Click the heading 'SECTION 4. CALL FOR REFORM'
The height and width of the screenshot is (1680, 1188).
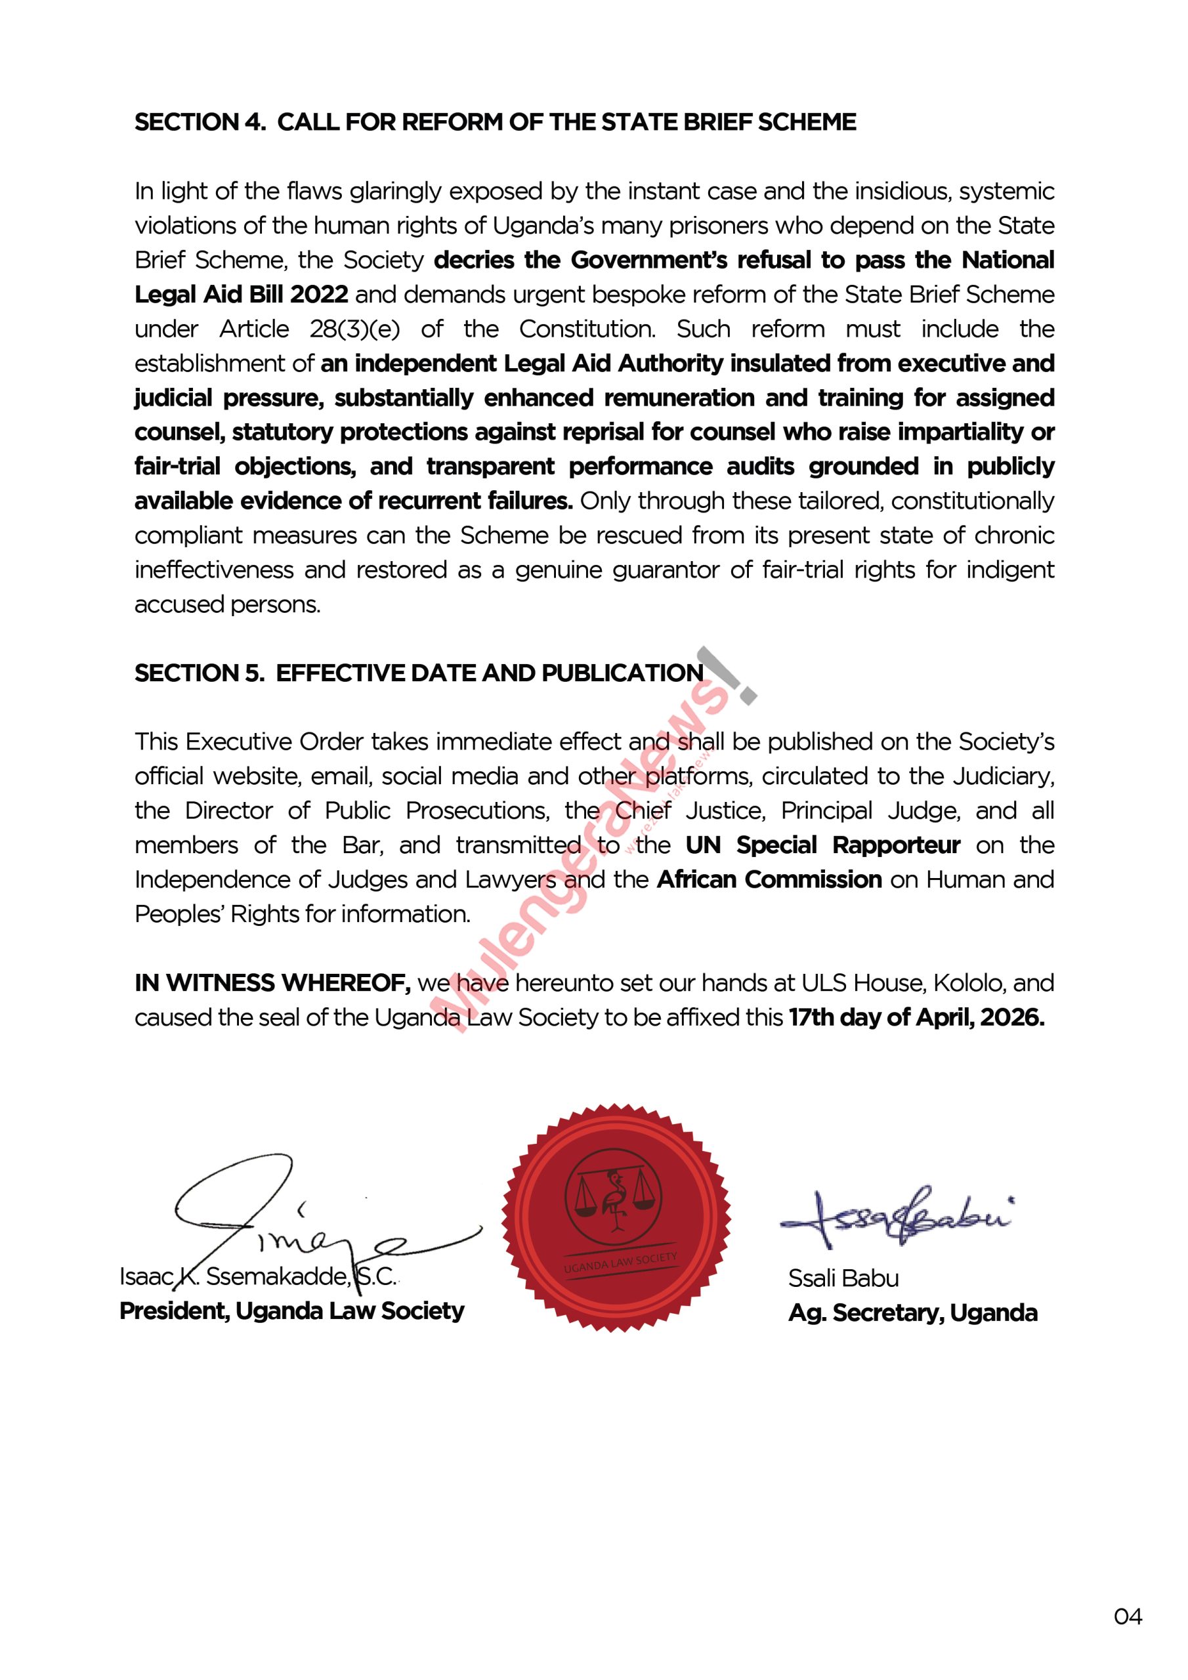pyautogui.click(x=495, y=122)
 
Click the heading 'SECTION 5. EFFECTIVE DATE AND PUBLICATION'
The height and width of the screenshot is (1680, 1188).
pyautogui.click(x=419, y=673)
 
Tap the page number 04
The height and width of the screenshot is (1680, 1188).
pyautogui.click(x=1127, y=1616)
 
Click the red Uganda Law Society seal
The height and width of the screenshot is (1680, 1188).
pyautogui.click(x=616, y=1217)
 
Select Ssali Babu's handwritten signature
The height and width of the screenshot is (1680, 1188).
pyautogui.click(x=897, y=1216)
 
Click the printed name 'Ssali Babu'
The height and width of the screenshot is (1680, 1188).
pyautogui.click(x=843, y=1278)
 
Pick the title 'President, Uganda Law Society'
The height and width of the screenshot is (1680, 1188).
pyautogui.click(x=291, y=1311)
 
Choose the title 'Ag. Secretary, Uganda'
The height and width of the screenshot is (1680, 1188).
pyautogui.click(x=913, y=1312)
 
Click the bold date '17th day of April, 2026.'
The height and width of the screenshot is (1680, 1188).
pyautogui.click(x=916, y=1017)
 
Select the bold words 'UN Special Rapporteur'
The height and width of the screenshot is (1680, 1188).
pyautogui.click(x=823, y=845)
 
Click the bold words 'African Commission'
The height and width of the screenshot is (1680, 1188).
pyautogui.click(x=769, y=879)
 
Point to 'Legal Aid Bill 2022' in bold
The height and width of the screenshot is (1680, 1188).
pyautogui.click(x=242, y=294)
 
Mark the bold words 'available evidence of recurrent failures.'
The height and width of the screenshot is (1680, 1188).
pyautogui.click(x=354, y=501)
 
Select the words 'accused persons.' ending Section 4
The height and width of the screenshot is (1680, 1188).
pyautogui.click(x=228, y=604)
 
